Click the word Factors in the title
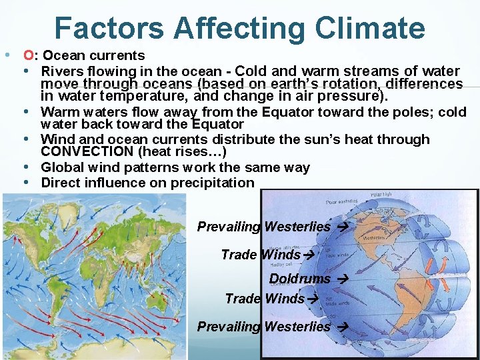[109, 29]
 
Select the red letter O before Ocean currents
[27, 56]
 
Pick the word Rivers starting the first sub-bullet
[61, 71]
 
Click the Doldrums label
[299, 279]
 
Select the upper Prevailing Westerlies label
[263, 227]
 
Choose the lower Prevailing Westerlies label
[263, 327]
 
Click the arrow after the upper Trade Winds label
[308, 255]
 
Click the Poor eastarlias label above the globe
[341, 201]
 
